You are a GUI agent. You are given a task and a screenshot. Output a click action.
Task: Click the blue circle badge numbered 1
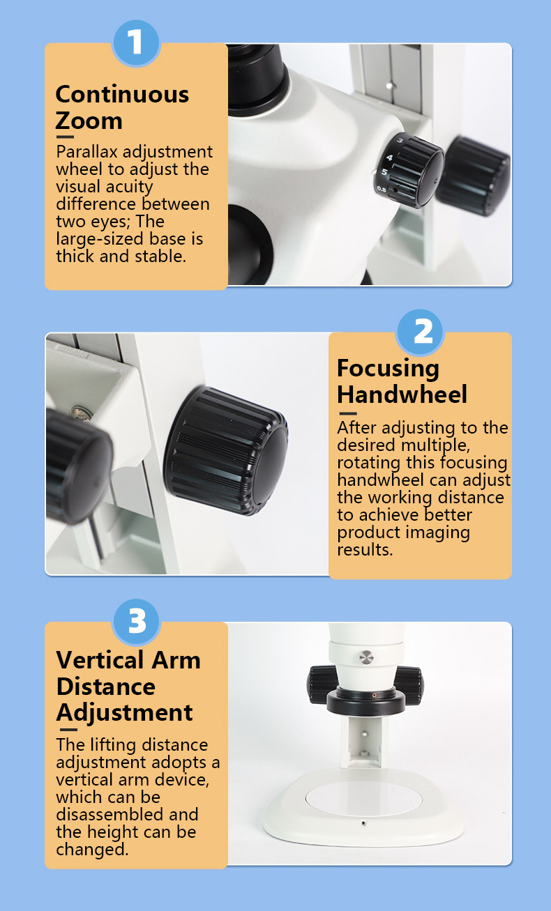coord(136,43)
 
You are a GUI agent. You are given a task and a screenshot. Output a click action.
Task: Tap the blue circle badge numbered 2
coord(420,332)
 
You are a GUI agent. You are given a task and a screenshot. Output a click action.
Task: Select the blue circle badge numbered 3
coord(136,622)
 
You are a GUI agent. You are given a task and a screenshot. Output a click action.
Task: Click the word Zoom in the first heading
coord(89,121)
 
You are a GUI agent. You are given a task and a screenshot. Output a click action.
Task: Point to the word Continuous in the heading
coord(122,94)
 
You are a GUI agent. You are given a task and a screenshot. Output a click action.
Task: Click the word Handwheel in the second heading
coord(402,394)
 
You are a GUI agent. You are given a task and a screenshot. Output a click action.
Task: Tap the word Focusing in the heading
coord(388,369)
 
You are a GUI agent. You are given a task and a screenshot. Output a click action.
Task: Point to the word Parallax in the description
coord(86,152)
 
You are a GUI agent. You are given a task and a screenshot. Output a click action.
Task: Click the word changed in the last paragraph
coord(92,849)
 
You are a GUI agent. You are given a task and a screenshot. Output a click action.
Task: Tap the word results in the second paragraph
coord(365,549)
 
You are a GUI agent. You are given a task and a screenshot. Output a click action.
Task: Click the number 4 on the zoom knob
coord(389,158)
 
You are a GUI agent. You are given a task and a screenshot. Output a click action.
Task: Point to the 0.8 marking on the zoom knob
coord(382,189)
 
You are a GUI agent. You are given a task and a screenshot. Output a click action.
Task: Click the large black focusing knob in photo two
coord(225,450)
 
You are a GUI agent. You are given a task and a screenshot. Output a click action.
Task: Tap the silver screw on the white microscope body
coord(366,657)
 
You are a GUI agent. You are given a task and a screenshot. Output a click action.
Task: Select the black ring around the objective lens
coord(366,701)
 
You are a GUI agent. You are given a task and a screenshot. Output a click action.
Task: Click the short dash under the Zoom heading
coord(65,137)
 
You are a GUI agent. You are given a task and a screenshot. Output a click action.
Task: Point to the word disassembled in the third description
coord(128,815)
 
